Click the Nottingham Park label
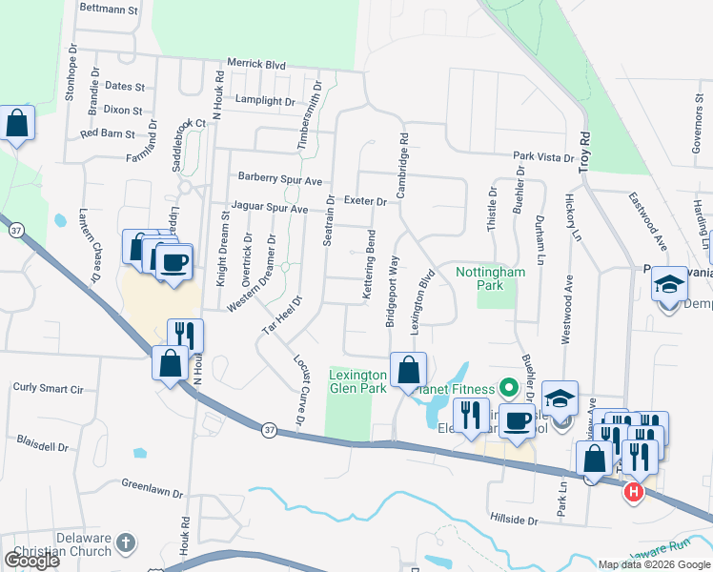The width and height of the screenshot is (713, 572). pyautogui.click(x=491, y=278)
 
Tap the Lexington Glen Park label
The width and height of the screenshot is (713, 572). pyautogui.click(x=357, y=381)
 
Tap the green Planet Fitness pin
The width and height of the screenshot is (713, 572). pyautogui.click(x=509, y=388)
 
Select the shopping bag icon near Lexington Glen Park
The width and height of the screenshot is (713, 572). pyautogui.click(x=408, y=370)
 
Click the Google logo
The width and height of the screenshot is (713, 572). pyautogui.click(x=31, y=561)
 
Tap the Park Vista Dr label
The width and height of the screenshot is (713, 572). pyautogui.click(x=543, y=156)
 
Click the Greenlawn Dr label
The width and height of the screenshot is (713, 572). pyautogui.click(x=152, y=488)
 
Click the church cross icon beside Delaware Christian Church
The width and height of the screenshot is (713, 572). pyautogui.click(x=126, y=545)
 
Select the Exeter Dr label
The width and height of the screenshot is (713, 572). pyautogui.click(x=365, y=202)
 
